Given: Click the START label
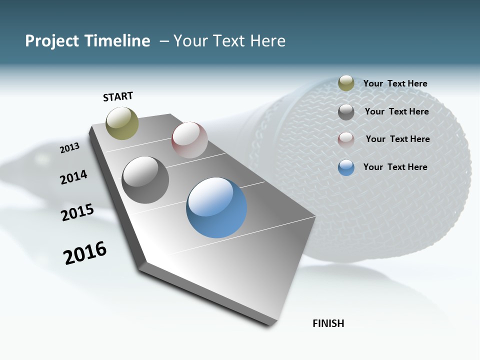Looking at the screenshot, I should (x=118, y=96).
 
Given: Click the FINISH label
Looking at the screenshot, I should (x=328, y=323).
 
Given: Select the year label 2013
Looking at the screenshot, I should (x=69, y=147).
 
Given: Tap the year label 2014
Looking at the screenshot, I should (x=73, y=177).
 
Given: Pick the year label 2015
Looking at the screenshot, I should (x=77, y=212).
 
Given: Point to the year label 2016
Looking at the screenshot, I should (x=85, y=252).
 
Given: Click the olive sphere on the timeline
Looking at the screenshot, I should (x=122, y=123).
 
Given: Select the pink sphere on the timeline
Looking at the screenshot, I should (x=189, y=139).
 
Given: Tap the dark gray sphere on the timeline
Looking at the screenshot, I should (x=145, y=180).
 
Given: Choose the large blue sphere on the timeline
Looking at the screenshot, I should (x=216, y=207).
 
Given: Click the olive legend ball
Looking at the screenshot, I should (x=346, y=83).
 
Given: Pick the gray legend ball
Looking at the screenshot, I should (x=346, y=112).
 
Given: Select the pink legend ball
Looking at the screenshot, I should (x=346, y=139).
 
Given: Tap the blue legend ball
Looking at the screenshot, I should (x=346, y=167).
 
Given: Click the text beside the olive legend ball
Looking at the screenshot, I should (x=395, y=83).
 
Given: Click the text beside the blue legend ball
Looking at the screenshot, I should (x=395, y=167).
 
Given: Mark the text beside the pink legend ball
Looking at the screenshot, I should (x=397, y=139).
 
